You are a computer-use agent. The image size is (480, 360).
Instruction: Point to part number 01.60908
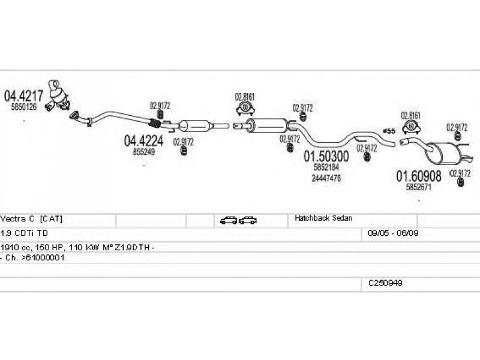pos(419,176)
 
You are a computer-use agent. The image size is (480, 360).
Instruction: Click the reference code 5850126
pos(24,107)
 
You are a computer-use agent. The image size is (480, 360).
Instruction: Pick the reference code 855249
pos(143,152)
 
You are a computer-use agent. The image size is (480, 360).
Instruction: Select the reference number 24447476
pos(326,178)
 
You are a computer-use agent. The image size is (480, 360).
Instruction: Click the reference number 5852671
pos(419,187)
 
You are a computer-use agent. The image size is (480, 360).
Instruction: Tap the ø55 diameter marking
pos(388,131)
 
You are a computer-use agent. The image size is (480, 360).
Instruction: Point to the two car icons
pos(238,220)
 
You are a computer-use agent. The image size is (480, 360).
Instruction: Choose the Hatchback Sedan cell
pos(323,219)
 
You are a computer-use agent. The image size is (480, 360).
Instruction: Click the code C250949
pos(385,282)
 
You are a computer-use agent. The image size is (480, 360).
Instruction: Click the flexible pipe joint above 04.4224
pos(154,125)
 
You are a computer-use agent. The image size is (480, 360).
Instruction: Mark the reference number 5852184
pos(326,167)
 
